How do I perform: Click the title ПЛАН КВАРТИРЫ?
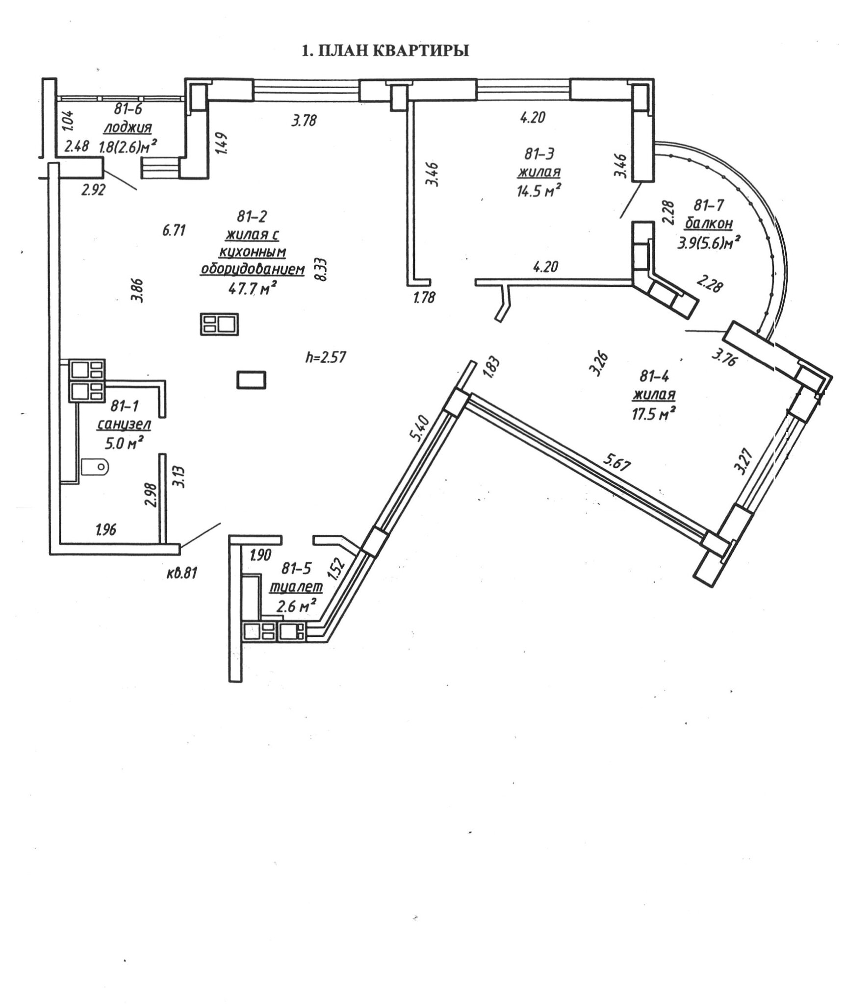(385, 51)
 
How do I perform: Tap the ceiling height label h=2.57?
(326, 357)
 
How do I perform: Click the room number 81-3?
(539, 154)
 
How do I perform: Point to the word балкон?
(709, 224)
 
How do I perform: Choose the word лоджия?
(128, 127)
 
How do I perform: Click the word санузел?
(124, 425)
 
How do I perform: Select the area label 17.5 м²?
(651, 414)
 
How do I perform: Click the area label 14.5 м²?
(539, 190)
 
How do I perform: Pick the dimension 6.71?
(174, 230)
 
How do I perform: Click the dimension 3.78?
(305, 120)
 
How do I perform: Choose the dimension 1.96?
(106, 529)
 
